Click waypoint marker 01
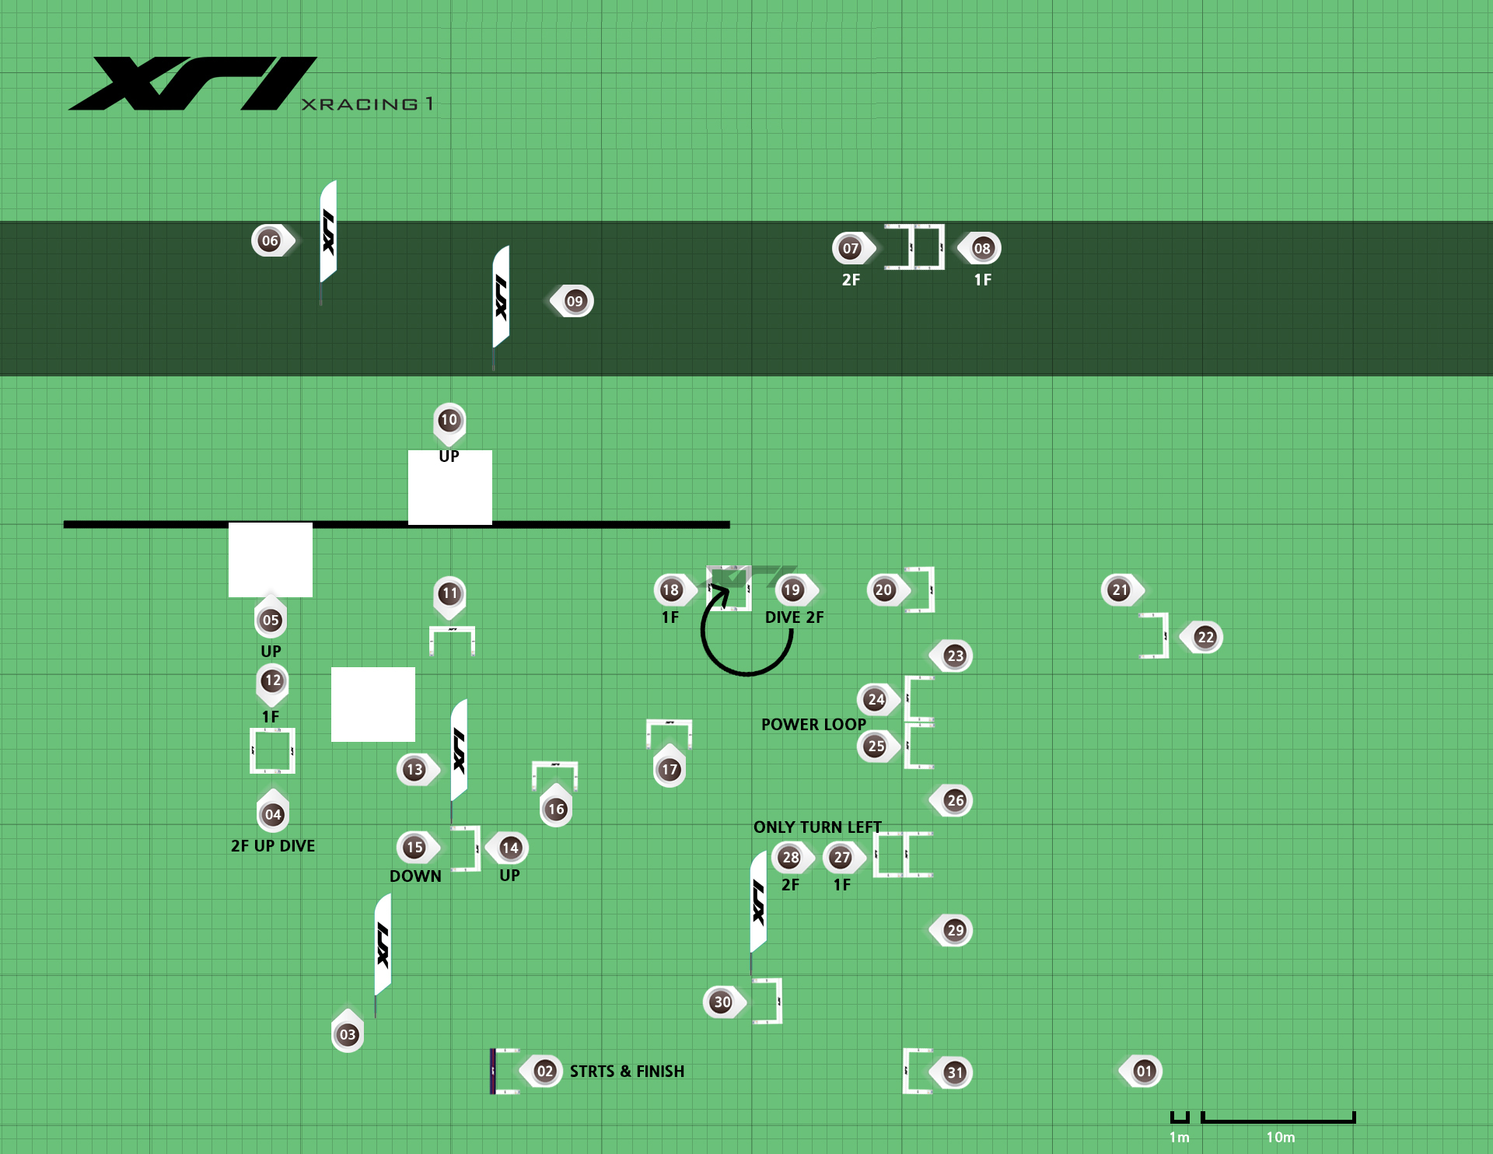tap(1143, 1071)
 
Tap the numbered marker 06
tap(270, 240)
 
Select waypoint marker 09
tap(574, 301)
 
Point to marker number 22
tap(1205, 637)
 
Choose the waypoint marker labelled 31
tap(954, 1072)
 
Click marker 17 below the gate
tap(670, 769)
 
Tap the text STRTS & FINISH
tap(627, 1071)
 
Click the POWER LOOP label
tap(813, 724)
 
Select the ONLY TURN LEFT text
tap(817, 827)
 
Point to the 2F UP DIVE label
tap(273, 845)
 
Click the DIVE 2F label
tap(794, 617)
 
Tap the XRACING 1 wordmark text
tap(367, 103)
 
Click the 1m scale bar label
tap(1179, 1137)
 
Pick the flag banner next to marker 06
tap(329, 232)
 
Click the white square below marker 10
tap(450, 488)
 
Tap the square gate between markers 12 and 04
tap(272, 750)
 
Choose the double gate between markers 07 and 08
tap(915, 247)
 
